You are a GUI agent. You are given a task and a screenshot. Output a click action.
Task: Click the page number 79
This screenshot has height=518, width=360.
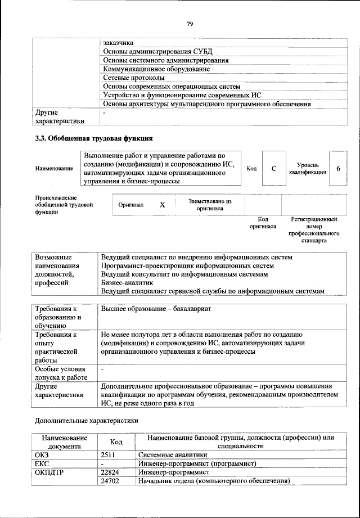[x=190, y=24]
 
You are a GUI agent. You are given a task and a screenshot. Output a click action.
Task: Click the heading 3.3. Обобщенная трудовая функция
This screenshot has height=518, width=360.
[x=94, y=138]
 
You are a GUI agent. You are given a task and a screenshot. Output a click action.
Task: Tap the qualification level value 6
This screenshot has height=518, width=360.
[x=337, y=168]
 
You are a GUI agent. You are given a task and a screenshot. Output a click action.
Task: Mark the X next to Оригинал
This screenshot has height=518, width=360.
[x=162, y=205]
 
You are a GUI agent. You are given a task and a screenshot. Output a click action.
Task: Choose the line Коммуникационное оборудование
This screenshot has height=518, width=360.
[x=156, y=69]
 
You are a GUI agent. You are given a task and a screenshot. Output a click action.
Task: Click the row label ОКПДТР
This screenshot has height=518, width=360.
[x=50, y=472]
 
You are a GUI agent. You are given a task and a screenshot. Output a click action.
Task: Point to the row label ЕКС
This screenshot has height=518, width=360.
[x=42, y=463]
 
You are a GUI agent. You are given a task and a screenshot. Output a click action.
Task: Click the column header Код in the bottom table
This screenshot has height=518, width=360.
[x=116, y=442]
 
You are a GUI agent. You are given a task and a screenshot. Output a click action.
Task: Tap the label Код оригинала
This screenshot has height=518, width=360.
[x=263, y=223]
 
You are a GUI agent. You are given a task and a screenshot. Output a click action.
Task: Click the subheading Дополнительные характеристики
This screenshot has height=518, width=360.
[x=86, y=420]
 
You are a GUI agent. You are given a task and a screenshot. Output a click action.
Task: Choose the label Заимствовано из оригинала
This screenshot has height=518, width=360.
[x=210, y=205]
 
